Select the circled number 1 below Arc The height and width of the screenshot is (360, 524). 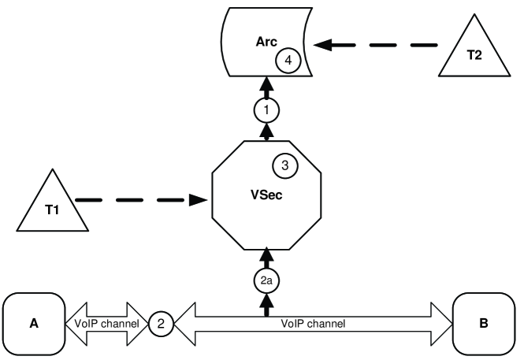(267, 111)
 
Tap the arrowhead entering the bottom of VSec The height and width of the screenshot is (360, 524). (267, 254)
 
